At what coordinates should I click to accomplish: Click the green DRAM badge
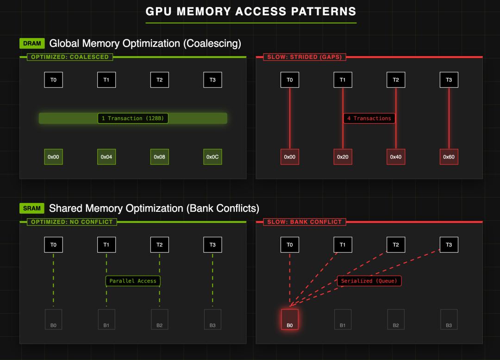32,44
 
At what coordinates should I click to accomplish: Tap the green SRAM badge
32,208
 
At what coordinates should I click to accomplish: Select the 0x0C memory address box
212,157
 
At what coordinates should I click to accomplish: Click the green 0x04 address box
106,157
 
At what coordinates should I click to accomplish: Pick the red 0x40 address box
396,157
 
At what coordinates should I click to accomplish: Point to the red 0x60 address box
449,157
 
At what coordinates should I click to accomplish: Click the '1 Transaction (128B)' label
133,119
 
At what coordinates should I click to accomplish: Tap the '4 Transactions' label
369,119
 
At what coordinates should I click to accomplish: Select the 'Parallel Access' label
133,281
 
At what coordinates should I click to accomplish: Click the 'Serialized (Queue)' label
369,281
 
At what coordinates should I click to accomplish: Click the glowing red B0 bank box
290,320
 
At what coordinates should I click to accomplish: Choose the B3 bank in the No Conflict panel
212,320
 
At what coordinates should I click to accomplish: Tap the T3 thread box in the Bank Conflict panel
449,245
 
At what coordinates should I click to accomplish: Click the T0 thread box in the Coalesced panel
54,80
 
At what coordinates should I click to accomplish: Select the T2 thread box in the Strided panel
396,80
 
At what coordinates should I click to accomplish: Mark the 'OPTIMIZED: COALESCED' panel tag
70,57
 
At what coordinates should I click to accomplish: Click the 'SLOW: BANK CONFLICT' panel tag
305,222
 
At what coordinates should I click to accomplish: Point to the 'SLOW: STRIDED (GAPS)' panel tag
305,57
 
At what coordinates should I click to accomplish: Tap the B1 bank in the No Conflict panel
106,320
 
